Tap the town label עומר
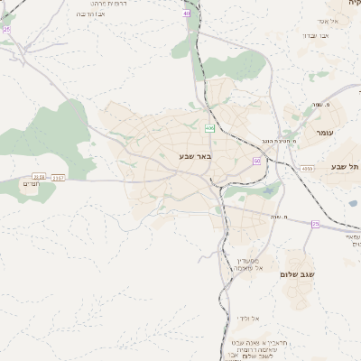[325, 133]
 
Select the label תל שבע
[344, 166]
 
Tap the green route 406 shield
[209, 129]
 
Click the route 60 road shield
[257, 161]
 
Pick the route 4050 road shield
[307, 169]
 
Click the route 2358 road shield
[39, 177]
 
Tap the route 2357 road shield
[59, 178]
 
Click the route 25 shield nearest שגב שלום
[315, 224]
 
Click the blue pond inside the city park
[268, 190]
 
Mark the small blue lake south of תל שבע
[353, 203]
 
